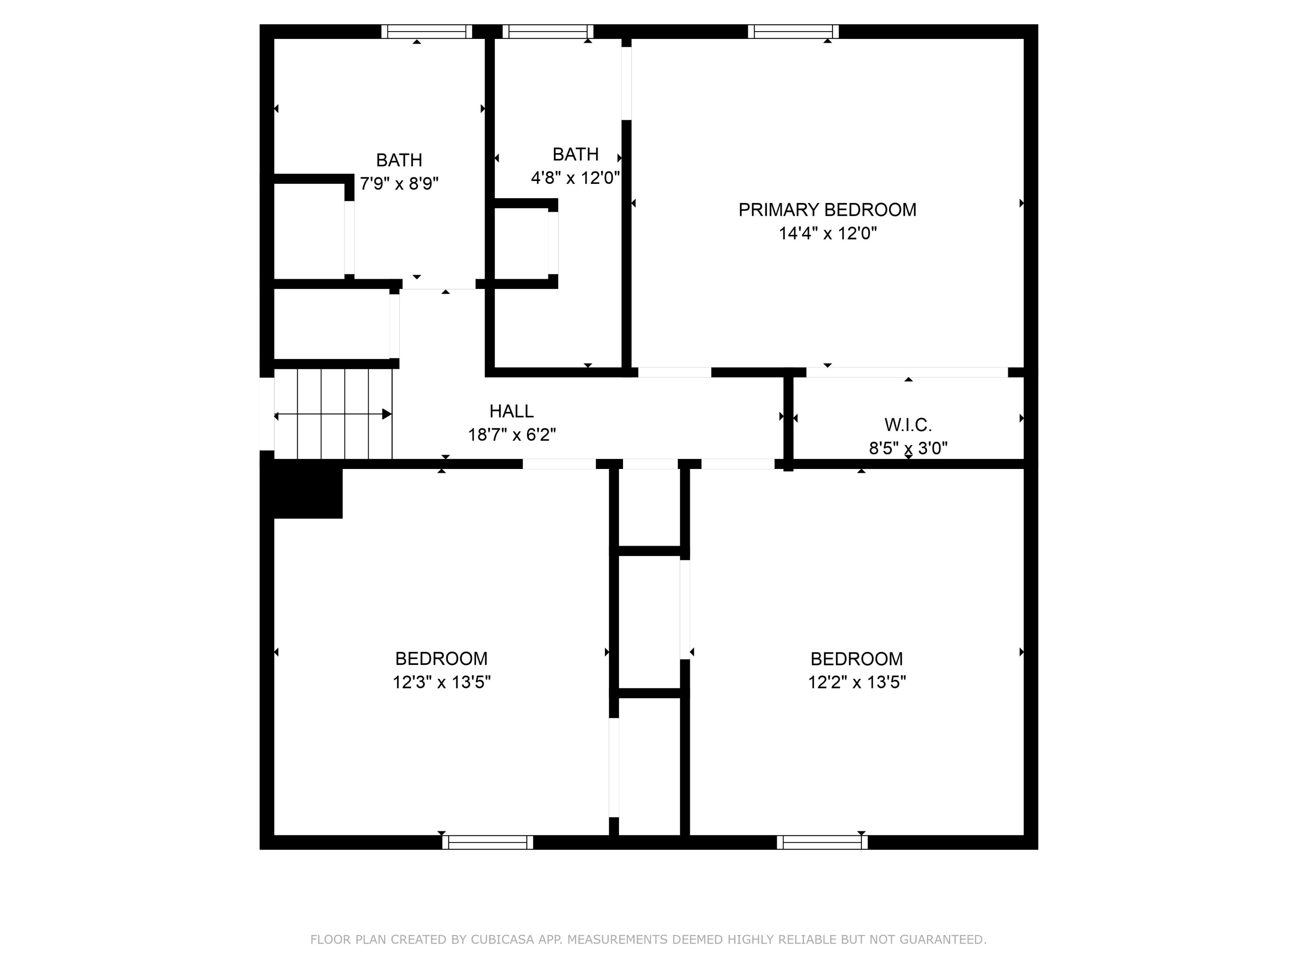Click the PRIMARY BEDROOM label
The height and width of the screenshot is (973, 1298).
[827, 209]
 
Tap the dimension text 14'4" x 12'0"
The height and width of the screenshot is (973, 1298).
[827, 234]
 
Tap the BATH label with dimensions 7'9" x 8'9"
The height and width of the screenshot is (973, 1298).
[399, 160]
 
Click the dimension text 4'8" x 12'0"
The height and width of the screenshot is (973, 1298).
[575, 178]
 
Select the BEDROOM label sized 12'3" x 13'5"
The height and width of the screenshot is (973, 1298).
[441, 658]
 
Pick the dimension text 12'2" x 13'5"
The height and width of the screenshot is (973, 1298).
[857, 683]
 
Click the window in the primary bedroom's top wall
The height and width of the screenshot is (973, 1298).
[794, 32]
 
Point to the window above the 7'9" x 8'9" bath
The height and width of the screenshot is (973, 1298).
[427, 32]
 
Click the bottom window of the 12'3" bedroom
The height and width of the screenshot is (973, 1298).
[488, 842]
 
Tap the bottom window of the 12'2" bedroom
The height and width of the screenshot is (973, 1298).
[822, 842]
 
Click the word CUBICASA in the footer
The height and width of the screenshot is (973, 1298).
[502, 940]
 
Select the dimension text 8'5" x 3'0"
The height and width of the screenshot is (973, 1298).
[908, 448]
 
